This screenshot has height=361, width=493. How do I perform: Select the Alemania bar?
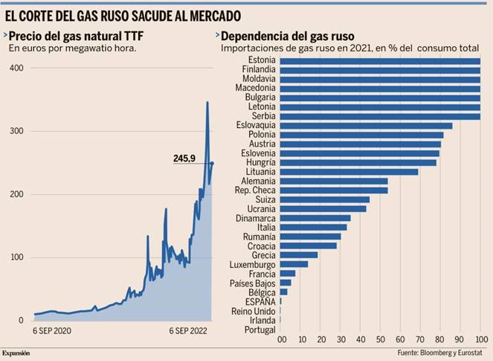(334, 181)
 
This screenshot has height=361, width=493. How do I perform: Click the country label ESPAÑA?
(261, 301)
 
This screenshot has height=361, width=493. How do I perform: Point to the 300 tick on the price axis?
(16, 131)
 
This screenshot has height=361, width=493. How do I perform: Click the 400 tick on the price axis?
(16, 68)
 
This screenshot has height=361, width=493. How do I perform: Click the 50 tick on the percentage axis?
(381, 339)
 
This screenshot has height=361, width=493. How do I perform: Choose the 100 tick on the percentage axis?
(480, 339)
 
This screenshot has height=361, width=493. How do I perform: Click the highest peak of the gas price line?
(207, 102)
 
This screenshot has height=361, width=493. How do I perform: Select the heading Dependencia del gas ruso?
(291, 35)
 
